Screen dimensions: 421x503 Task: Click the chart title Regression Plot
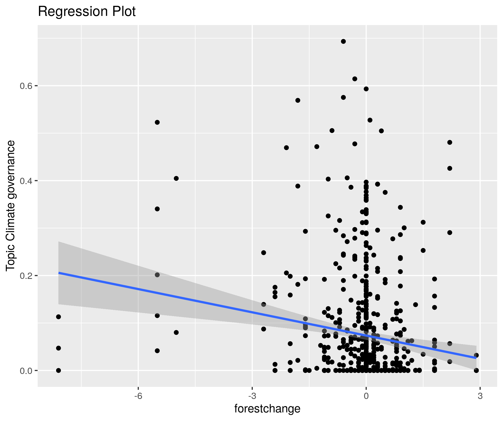tap(87, 12)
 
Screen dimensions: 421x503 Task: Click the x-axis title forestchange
tap(267, 408)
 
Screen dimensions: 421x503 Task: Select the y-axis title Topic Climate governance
tap(11, 206)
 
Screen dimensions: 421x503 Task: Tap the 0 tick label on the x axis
tap(366, 396)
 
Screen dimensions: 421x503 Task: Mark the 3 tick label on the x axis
tap(480, 396)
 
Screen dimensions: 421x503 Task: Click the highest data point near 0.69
tap(343, 41)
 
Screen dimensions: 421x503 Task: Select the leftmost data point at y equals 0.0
tap(58, 370)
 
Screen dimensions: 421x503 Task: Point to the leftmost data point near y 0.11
tap(58, 317)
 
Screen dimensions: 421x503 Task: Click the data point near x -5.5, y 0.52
tap(157, 122)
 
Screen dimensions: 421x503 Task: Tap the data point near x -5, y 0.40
tap(176, 179)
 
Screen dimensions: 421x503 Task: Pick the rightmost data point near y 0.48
tap(450, 142)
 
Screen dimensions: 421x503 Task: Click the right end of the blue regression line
tap(476, 358)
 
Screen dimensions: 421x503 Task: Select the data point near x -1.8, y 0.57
tap(298, 100)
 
